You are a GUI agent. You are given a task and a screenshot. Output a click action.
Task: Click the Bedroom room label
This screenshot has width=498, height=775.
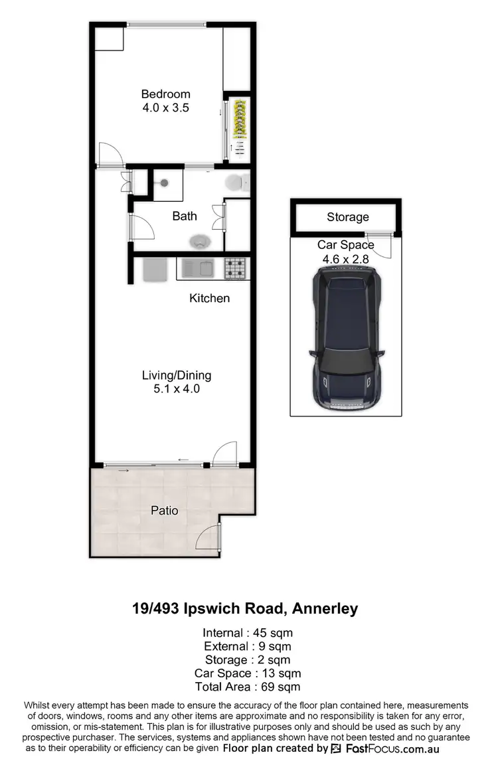[165, 94]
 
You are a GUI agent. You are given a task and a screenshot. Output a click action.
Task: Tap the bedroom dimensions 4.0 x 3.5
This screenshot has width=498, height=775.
[165, 107]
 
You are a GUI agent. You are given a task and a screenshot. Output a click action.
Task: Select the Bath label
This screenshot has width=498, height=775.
[185, 216]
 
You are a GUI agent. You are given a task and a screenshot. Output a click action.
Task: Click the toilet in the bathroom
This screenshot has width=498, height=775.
[236, 182]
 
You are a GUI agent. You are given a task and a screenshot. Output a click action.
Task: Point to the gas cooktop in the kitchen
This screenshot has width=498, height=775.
[236, 268]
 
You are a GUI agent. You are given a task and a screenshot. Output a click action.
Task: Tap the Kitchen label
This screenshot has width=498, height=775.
[210, 298]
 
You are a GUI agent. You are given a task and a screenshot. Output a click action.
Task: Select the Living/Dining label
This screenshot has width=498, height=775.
[177, 375]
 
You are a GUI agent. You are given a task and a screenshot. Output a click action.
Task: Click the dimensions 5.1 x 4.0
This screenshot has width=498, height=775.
[177, 388]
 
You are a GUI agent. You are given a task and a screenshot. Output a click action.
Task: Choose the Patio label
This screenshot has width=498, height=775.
[164, 511]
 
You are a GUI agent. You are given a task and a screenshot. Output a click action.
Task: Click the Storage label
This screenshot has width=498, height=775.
[347, 217]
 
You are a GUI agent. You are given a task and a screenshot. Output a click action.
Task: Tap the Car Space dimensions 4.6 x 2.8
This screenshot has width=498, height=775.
[345, 258]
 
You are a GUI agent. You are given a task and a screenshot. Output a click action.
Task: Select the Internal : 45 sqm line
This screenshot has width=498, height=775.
[248, 632]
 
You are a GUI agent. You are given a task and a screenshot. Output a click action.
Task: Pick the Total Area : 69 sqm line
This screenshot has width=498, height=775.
[248, 687]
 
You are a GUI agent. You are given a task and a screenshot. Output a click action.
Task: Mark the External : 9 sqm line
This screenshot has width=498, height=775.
[248, 646]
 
